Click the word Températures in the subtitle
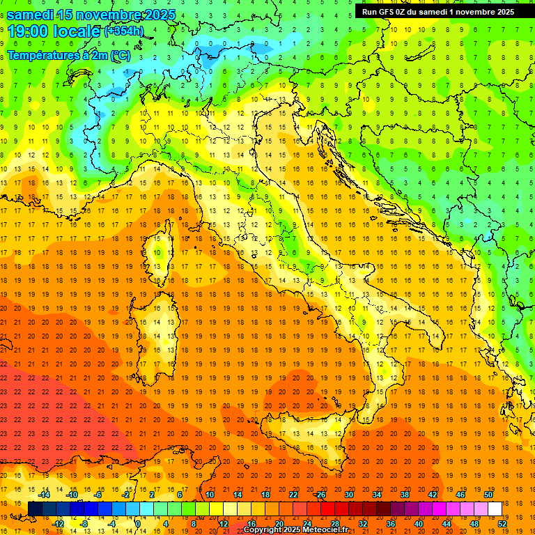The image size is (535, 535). point(42,55)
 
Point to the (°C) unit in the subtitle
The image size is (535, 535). point(120,55)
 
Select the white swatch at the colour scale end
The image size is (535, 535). point(495,509)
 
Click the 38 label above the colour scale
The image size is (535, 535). point(404,495)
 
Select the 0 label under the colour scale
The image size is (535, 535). point(138,523)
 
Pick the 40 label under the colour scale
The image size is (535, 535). point(418,523)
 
